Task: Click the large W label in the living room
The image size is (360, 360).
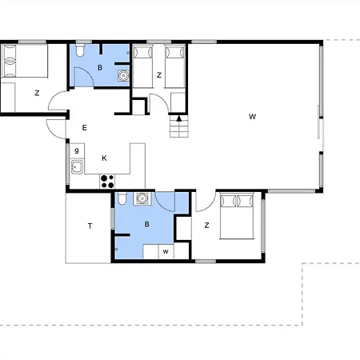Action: pos(252,117)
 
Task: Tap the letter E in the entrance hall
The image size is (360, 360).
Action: pos(84,128)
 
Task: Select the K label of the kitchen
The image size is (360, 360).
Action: pos(104,158)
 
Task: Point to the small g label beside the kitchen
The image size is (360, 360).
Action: pos(77,150)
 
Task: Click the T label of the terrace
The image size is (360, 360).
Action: pos(90,226)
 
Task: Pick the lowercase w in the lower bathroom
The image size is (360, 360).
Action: pos(166,251)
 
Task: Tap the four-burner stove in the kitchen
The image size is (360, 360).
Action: pos(107,182)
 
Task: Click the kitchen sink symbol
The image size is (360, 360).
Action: pos(77,167)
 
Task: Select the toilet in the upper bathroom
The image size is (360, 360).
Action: pos(80,50)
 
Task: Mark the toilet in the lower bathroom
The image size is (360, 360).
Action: pos(122,198)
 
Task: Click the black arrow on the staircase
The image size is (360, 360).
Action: pos(179,118)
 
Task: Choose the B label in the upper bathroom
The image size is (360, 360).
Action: pos(100,67)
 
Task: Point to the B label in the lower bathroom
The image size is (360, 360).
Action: pos(146,224)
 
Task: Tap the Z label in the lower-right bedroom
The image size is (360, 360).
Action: pos(206,226)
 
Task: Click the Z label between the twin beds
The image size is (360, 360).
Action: pos(159,75)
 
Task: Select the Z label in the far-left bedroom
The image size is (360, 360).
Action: pos(37,93)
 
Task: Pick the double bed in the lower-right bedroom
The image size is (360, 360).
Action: pos(237,216)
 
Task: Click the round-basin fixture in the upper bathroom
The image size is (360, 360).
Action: pos(123,76)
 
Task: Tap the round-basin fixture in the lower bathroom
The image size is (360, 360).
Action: pos(142,198)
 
